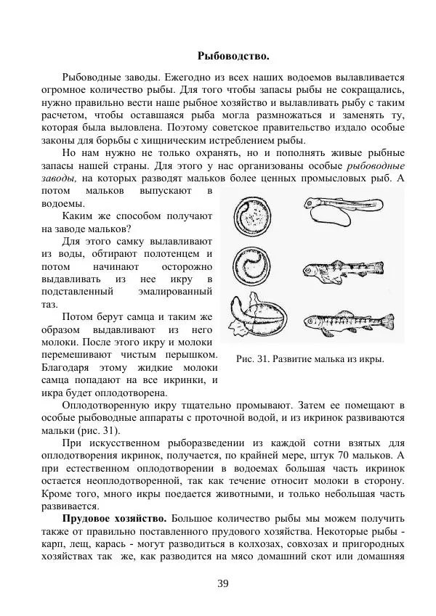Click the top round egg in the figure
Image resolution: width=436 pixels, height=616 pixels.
[251, 216]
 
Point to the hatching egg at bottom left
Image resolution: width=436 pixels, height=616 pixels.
[254, 319]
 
